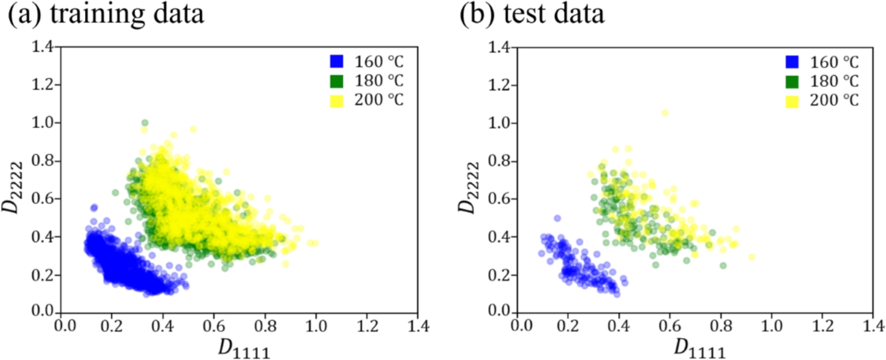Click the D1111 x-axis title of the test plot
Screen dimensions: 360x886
click(695, 347)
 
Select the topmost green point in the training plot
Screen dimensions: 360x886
click(145, 123)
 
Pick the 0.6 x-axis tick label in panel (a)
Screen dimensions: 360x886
click(214, 325)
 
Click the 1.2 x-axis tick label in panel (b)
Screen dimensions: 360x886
click(821, 325)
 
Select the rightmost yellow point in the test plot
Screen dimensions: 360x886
click(751, 257)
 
